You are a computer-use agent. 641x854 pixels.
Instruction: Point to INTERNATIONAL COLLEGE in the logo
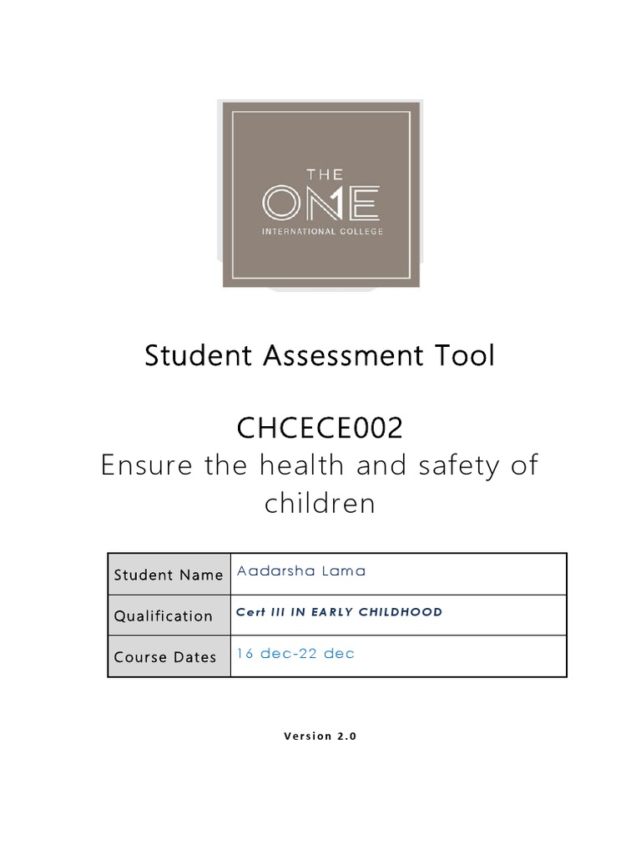[322, 231]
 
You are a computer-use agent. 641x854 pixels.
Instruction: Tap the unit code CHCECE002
[320, 429]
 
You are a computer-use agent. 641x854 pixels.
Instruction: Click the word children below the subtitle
[320, 504]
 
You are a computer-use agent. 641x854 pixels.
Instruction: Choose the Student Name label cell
[169, 575]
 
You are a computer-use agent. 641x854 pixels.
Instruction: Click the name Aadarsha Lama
[290, 571]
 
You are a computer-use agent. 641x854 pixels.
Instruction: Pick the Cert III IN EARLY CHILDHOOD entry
[339, 612]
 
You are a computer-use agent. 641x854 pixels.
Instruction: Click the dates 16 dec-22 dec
[295, 654]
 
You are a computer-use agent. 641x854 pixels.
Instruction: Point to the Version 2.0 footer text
[320, 736]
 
